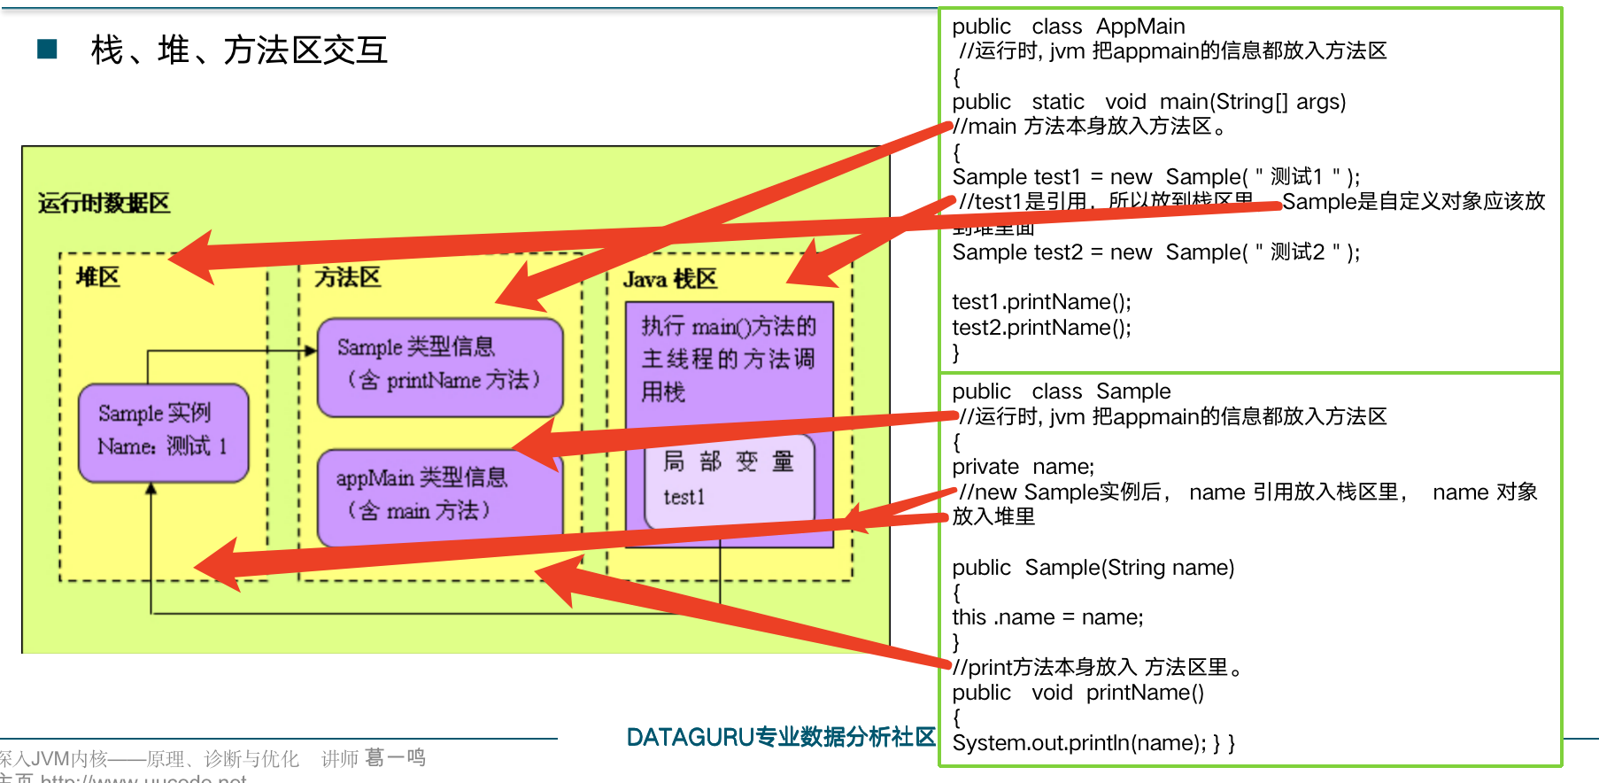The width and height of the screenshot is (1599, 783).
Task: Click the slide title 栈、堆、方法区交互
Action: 239,50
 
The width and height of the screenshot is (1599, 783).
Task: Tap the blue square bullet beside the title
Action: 47,49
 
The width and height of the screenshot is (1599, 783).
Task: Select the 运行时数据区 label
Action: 104,204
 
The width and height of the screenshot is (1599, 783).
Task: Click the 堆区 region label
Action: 97,277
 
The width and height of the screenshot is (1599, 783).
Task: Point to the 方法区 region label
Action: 348,278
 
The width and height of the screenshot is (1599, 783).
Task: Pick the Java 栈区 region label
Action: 669,280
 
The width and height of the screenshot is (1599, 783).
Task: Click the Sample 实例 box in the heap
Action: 163,432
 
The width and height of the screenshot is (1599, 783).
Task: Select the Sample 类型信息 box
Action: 439,365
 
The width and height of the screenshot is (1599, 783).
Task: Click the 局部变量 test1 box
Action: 729,480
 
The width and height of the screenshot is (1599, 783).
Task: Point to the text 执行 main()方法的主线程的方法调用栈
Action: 728,359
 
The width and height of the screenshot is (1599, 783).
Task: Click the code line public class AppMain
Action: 1068,27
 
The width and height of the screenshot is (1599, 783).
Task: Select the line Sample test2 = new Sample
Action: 1155,252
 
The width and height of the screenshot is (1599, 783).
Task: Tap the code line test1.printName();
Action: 1041,302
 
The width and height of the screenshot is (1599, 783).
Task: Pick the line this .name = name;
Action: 1047,617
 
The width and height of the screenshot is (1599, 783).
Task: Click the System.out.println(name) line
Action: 1093,743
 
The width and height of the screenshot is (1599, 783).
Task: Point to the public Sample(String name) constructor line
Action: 1093,568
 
